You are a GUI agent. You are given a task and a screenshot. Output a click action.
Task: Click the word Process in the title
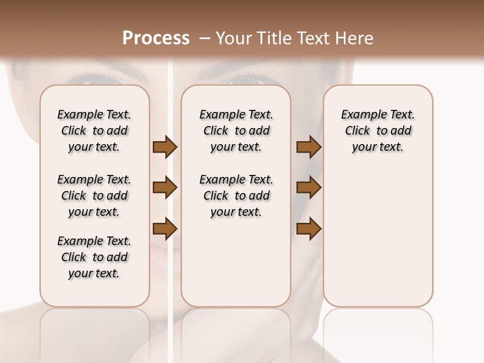156,38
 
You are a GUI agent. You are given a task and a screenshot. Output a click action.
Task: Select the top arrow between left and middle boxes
165,147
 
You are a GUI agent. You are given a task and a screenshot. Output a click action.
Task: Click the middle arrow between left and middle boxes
165,188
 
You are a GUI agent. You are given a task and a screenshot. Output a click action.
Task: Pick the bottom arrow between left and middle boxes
165,229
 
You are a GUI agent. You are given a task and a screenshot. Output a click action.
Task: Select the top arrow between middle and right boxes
309,147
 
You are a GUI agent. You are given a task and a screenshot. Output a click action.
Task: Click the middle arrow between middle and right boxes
309,188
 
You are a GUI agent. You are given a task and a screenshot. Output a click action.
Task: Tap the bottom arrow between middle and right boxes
309,229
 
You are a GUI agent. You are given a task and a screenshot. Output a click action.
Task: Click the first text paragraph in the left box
94,131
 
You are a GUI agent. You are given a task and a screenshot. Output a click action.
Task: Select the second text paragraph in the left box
94,196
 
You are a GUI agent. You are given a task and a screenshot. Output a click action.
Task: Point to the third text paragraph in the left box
94,257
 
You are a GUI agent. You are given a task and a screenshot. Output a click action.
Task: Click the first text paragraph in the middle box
236,131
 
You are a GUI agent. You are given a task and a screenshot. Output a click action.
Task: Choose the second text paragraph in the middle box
236,196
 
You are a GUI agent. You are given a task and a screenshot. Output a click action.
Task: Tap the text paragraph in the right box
378,131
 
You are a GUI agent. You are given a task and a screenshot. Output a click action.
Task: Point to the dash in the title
205,38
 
